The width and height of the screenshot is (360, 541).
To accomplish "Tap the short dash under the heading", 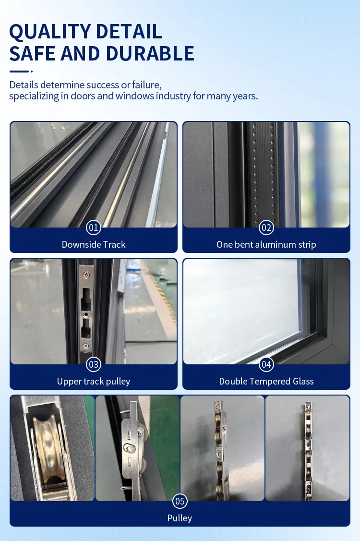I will tap(19, 72).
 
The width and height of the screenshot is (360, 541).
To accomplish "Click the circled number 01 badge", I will tap(94, 227).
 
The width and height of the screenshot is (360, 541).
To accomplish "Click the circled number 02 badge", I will tap(266, 227).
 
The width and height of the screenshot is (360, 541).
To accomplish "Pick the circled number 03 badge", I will tap(94, 364).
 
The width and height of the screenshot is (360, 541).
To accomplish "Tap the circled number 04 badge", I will tap(266, 364).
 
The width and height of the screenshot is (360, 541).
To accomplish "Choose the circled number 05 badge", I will tap(180, 502).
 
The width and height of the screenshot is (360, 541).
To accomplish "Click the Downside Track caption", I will tap(94, 244).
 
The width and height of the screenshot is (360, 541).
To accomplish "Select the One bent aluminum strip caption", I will tap(266, 244).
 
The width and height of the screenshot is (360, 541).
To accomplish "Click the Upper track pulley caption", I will tap(94, 382).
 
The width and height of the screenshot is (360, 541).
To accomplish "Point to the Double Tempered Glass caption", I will tap(266, 382).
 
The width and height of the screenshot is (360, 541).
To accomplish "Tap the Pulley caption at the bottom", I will tap(180, 518).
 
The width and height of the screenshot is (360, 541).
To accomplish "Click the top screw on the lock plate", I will tap(85, 275).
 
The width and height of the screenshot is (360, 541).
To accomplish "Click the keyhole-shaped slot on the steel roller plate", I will tap(127, 447).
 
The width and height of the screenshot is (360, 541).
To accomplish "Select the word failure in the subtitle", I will tap(145, 85).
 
